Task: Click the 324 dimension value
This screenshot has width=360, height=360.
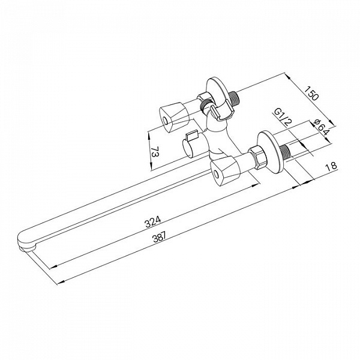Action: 153,221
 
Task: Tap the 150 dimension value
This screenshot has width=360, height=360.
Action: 312,93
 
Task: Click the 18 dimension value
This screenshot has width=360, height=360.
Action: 331,166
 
